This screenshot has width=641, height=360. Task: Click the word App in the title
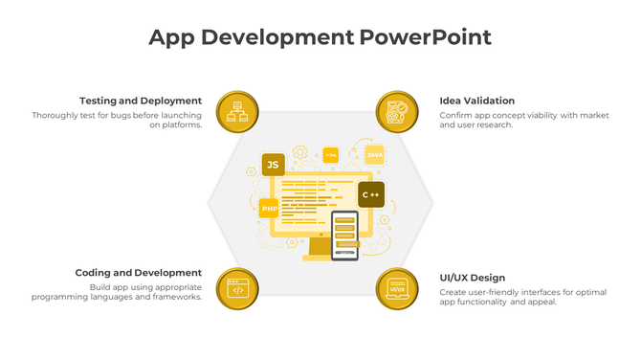[173, 37]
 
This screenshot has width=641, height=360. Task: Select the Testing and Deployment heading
[140, 101]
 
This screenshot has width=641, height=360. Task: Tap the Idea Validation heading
[476, 101]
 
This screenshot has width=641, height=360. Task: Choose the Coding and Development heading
[138, 273]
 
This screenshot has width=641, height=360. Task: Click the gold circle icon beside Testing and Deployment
[238, 112]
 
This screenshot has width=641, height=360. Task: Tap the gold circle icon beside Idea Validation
[397, 112]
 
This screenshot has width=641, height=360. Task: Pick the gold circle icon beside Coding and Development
[238, 287]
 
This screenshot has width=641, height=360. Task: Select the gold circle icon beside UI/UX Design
[397, 287]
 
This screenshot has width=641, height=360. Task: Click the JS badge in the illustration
[273, 166]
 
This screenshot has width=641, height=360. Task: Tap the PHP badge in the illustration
[269, 208]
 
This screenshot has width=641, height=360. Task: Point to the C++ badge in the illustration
[371, 195]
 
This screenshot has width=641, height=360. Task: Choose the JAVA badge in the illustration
[374, 155]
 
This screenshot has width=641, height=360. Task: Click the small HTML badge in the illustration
[330, 154]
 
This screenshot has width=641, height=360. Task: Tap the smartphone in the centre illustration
[344, 235]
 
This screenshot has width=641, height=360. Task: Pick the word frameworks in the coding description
[177, 297]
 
